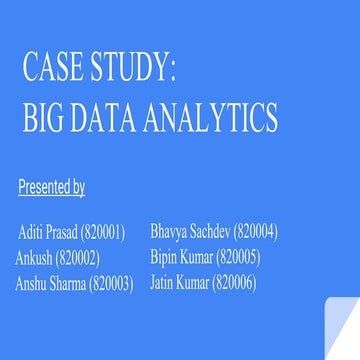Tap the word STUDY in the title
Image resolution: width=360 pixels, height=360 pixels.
pos(131,71)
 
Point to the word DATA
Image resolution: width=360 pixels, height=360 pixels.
pos(105,119)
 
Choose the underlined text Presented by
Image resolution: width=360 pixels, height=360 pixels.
pos(51,186)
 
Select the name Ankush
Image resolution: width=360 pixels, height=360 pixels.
pos(35,258)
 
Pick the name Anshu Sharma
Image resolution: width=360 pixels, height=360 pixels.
pos(49,283)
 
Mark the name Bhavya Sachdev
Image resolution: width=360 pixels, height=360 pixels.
pos(188,232)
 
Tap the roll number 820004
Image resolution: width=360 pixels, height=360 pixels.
pos(254,232)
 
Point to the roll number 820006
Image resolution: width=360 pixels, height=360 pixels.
pos(235,282)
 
